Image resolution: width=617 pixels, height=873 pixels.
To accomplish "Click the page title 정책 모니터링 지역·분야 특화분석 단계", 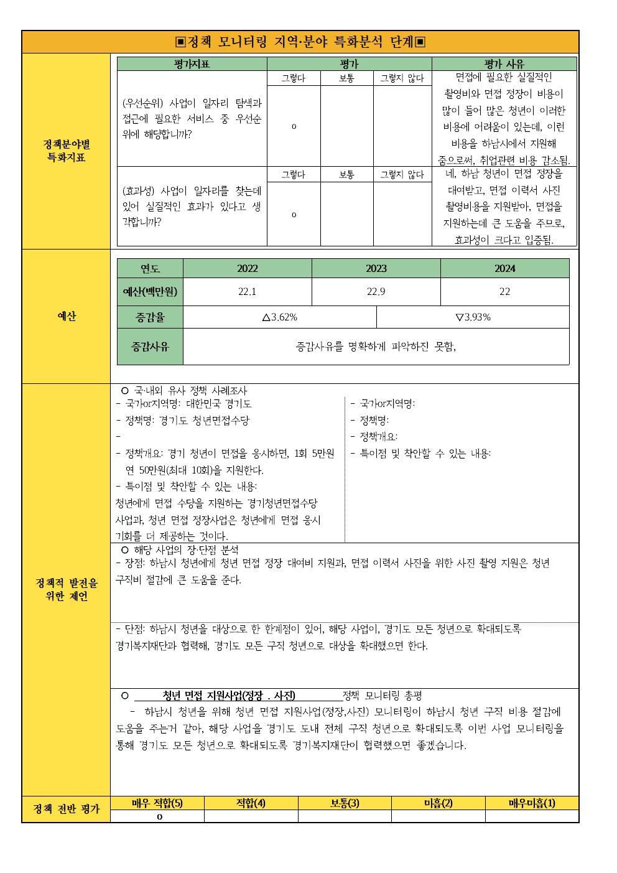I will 300,42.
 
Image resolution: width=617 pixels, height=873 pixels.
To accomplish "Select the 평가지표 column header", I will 192,64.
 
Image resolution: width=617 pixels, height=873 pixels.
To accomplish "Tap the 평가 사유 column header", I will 504,64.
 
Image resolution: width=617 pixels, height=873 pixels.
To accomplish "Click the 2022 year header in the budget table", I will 247,269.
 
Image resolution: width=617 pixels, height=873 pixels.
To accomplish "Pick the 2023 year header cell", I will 376,269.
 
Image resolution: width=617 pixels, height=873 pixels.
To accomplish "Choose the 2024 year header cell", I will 504,269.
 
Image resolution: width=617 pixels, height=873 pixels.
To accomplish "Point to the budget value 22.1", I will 247,292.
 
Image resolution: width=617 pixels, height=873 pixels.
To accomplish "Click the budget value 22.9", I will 376,292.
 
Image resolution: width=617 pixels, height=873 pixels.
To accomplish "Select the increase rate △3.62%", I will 279,317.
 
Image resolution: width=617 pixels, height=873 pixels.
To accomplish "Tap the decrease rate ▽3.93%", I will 473,317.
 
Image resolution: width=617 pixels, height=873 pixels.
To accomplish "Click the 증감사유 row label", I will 150,347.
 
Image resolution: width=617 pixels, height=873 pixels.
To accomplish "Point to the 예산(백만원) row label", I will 150,292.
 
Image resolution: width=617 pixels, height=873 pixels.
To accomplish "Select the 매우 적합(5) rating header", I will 157,803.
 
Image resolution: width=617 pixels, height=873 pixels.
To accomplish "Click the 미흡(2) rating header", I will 438,803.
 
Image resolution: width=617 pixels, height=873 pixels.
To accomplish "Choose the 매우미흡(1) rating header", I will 532,803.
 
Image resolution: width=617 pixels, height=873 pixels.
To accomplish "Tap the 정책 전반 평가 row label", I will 66,810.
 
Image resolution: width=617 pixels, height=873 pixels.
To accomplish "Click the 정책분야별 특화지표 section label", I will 66,151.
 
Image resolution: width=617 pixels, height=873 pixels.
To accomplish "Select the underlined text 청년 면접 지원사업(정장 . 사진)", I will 228,696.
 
